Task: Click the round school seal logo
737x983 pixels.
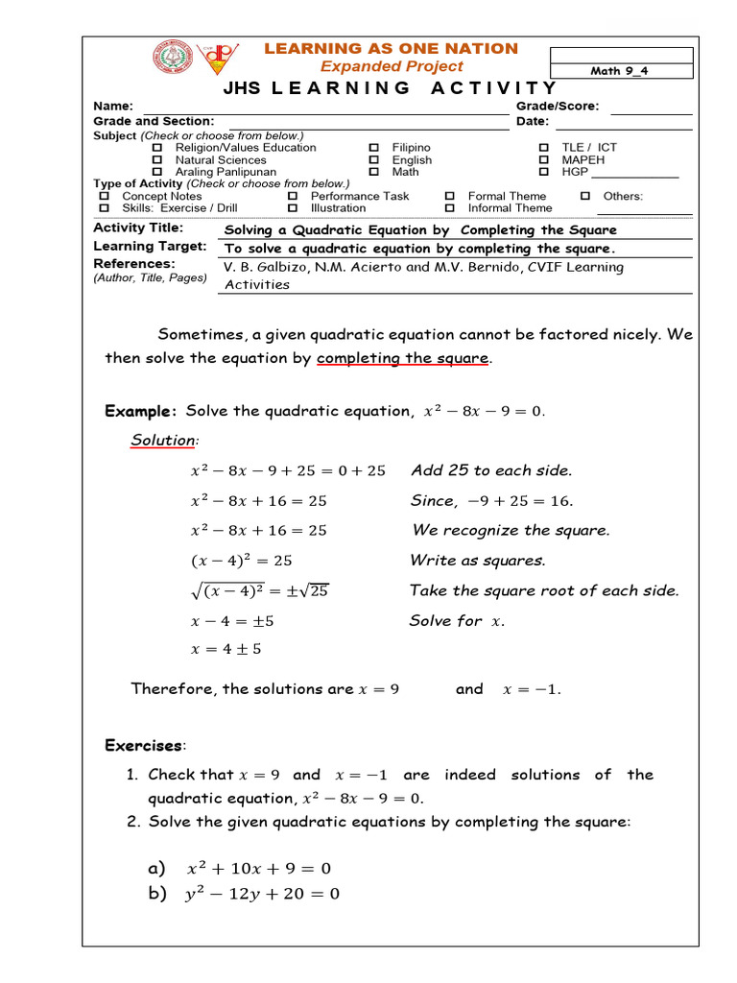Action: click(x=174, y=60)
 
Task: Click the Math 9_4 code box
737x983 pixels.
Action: click(x=619, y=71)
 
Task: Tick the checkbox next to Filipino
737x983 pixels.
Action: click(x=374, y=148)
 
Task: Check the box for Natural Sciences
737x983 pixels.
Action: click(x=158, y=160)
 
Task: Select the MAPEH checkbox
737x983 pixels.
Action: click(x=544, y=160)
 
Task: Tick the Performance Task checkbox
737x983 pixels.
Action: click(x=293, y=196)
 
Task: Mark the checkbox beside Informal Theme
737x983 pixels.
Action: click(x=449, y=208)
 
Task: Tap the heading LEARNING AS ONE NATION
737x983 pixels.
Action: click(x=391, y=48)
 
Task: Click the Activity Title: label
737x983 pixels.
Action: click(x=138, y=228)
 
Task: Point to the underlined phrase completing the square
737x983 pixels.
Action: click(x=403, y=358)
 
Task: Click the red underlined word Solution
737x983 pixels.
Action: click(x=163, y=440)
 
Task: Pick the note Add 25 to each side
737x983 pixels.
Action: click(x=491, y=470)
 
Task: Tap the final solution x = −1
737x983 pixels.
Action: click(x=532, y=689)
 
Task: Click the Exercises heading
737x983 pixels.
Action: click(x=144, y=746)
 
